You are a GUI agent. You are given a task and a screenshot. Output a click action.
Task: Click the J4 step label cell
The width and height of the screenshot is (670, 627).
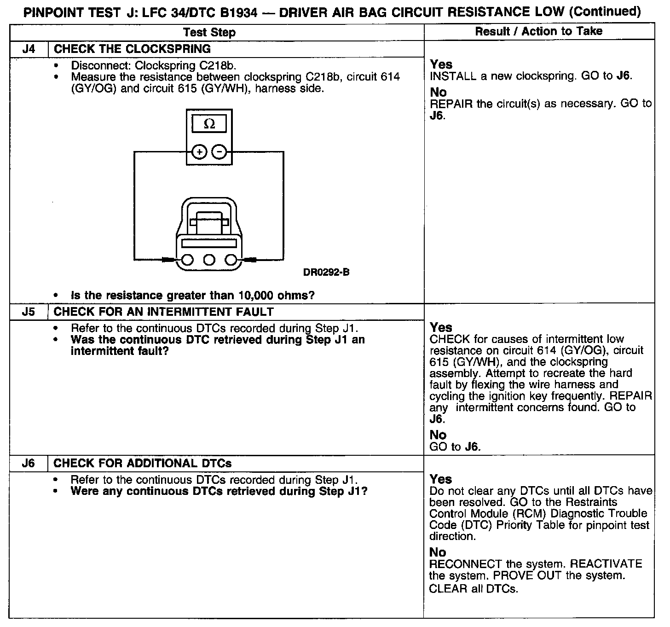(29, 49)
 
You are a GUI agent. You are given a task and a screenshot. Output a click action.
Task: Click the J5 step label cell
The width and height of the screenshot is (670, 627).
(29, 312)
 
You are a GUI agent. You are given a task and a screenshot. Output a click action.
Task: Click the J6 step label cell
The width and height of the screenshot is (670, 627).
(29, 464)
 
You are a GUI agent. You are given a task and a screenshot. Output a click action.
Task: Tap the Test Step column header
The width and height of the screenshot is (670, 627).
(209, 32)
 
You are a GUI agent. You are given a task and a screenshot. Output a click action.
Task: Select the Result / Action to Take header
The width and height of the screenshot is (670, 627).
(538, 31)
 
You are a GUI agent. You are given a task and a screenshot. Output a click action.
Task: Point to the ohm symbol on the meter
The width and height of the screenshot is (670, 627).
(209, 124)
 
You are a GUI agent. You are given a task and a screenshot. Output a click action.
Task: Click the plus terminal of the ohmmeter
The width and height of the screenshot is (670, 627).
(199, 151)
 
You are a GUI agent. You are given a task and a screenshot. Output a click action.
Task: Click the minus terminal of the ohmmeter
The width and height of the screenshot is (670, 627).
(219, 151)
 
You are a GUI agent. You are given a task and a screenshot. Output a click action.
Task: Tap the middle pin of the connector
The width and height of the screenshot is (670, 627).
(209, 261)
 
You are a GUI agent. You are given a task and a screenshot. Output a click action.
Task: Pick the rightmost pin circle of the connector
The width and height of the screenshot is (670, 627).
(231, 261)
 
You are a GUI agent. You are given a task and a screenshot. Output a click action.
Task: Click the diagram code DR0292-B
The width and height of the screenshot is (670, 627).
(326, 272)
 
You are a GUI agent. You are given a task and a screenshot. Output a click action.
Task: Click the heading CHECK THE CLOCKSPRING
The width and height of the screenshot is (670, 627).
(133, 49)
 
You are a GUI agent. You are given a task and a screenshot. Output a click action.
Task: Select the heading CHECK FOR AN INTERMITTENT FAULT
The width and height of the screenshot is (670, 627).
(164, 312)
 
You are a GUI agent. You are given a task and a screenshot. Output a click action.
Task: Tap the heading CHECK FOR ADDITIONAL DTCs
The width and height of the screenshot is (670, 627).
(143, 464)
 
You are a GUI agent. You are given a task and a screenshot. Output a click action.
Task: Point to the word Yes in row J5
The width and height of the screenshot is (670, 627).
(441, 327)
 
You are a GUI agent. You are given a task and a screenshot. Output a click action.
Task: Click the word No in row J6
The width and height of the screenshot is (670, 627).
(438, 552)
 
